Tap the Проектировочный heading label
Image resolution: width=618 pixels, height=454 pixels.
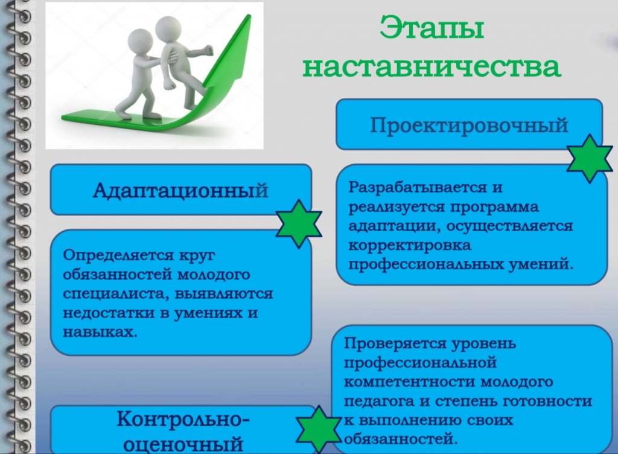point(469,126)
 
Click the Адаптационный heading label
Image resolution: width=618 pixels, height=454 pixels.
point(180,190)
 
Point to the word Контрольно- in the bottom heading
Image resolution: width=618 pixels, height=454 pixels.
point(183,418)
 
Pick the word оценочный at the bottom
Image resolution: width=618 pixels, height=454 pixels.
point(183,443)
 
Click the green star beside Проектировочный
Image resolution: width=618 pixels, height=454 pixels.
point(590,158)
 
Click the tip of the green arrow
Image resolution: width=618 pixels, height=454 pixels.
point(249,16)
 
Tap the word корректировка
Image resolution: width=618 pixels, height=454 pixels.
point(410,246)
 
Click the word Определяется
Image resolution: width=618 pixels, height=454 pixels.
point(119,256)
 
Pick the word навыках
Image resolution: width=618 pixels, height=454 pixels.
point(100,332)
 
